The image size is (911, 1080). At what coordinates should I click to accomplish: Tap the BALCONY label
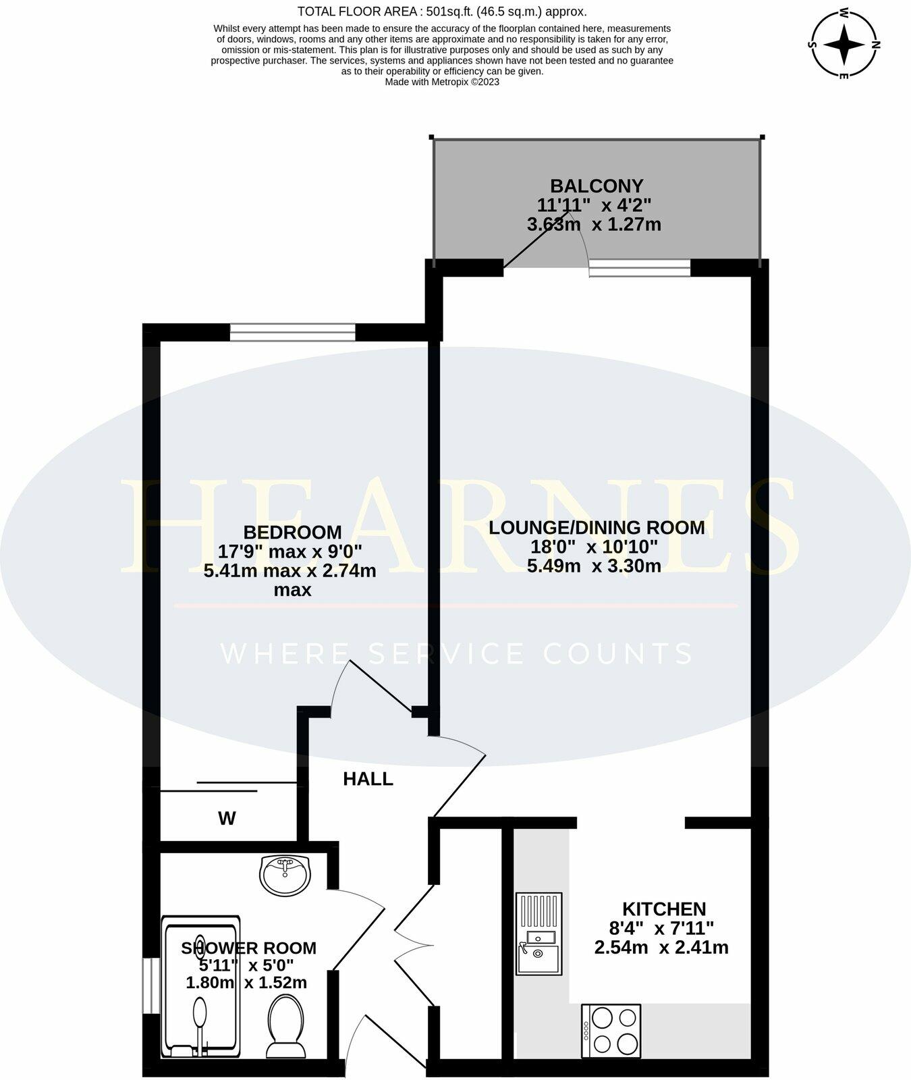[x=597, y=185]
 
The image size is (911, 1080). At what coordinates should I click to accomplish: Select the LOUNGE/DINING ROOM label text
[x=597, y=527]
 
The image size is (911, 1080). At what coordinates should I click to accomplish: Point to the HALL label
[x=368, y=779]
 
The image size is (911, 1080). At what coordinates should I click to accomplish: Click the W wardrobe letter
[x=227, y=819]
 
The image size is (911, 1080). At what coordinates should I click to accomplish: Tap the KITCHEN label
[x=663, y=909]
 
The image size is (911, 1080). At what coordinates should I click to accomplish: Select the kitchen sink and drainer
[x=539, y=934]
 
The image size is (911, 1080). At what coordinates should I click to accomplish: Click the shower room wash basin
[x=285, y=875]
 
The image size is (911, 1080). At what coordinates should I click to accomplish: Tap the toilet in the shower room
[x=287, y=1025]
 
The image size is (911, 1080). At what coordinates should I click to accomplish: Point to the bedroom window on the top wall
[x=292, y=332]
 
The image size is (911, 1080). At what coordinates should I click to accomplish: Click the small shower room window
[x=151, y=986]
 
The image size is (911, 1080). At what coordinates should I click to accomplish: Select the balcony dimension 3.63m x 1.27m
[x=594, y=225]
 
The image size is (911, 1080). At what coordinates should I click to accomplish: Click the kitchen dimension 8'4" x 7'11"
[x=661, y=928]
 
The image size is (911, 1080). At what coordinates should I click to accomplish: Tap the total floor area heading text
[x=442, y=11]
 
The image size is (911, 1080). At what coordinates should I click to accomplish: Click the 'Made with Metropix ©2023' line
[x=442, y=82]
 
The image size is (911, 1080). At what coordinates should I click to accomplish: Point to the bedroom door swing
[x=375, y=685]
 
